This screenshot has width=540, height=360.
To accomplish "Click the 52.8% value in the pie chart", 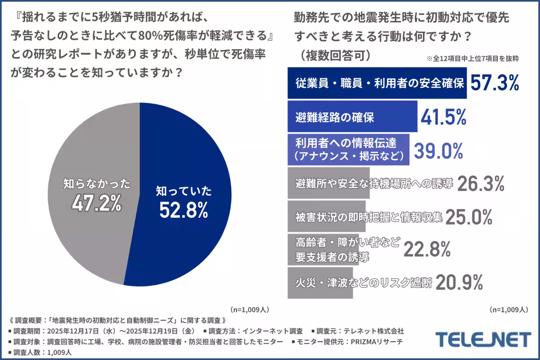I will pyautogui.click(x=183, y=210).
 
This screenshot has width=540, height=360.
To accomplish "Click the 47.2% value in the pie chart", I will pyautogui.click(x=97, y=203).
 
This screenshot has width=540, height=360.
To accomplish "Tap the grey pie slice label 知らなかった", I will pyautogui.click(x=97, y=184).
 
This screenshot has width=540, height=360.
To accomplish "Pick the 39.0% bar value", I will pyautogui.click(x=438, y=150).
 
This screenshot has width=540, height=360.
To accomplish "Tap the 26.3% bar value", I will pyautogui.click(x=481, y=183).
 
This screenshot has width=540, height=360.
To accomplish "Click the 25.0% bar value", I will pyautogui.click(x=470, y=217).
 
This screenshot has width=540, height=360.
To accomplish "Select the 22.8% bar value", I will pyautogui.click(x=427, y=249).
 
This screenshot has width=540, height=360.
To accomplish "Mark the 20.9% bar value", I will pyautogui.click(x=459, y=283).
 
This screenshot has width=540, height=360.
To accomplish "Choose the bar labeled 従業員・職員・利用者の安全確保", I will pyautogui.click(x=377, y=83).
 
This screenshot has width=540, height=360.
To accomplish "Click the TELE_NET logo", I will pyautogui.click(x=483, y=339).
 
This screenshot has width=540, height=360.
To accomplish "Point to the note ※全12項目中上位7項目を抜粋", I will pyautogui.click(x=472, y=59).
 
